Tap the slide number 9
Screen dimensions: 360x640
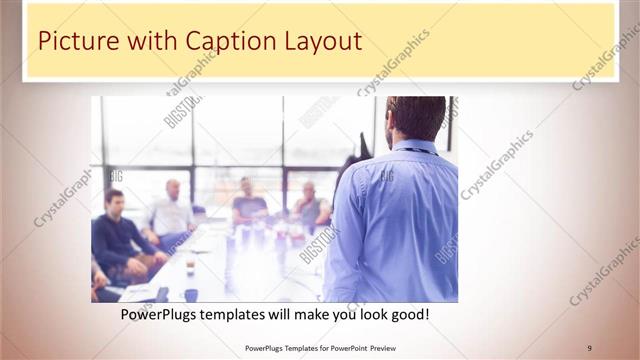(589, 347)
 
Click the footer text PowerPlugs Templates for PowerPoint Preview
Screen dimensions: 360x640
(319, 347)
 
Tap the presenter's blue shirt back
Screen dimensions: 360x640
(395, 220)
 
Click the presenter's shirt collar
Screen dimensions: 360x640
(412, 146)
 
